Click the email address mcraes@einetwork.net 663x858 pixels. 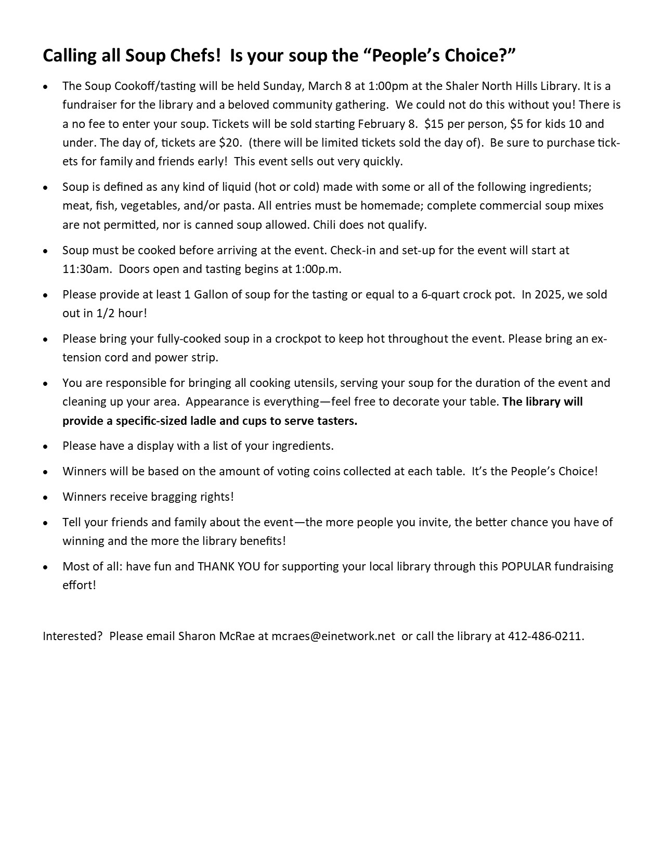(333, 636)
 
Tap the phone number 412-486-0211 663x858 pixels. (545, 636)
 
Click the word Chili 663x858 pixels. (325, 225)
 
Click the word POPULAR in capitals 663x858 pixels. (526, 566)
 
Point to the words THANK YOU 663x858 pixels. (229, 566)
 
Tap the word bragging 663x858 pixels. (173, 497)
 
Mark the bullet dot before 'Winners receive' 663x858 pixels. (46, 497)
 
